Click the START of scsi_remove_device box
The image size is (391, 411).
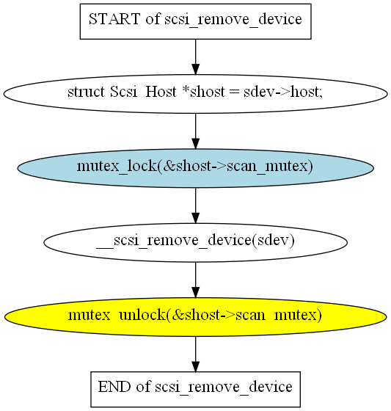(x=195, y=21)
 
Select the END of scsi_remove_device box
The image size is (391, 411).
(x=195, y=389)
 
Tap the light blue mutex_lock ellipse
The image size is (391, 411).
(x=195, y=168)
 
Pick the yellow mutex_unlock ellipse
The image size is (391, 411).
(x=195, y=316)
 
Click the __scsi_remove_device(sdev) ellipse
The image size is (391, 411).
(x=195, y=242)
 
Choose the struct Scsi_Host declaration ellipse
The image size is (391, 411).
(x=195, y=94)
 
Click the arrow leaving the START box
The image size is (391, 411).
(x=195, y=57)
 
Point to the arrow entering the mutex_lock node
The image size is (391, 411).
(x=195, y=131)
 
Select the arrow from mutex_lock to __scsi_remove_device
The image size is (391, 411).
(x=195, y=205)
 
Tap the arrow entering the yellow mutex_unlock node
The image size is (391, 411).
(x=195, y=280)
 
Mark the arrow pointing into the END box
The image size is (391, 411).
(x=195, y=354)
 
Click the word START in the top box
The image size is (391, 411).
(x=114, y=19)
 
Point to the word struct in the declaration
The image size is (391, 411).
(x=86, y=92)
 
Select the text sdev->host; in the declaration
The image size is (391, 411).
(x=282, y=92)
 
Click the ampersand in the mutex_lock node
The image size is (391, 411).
(x=169, y=166)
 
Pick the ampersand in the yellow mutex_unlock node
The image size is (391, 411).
(x=178, y=315)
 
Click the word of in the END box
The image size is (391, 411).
(x=143, y=387)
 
